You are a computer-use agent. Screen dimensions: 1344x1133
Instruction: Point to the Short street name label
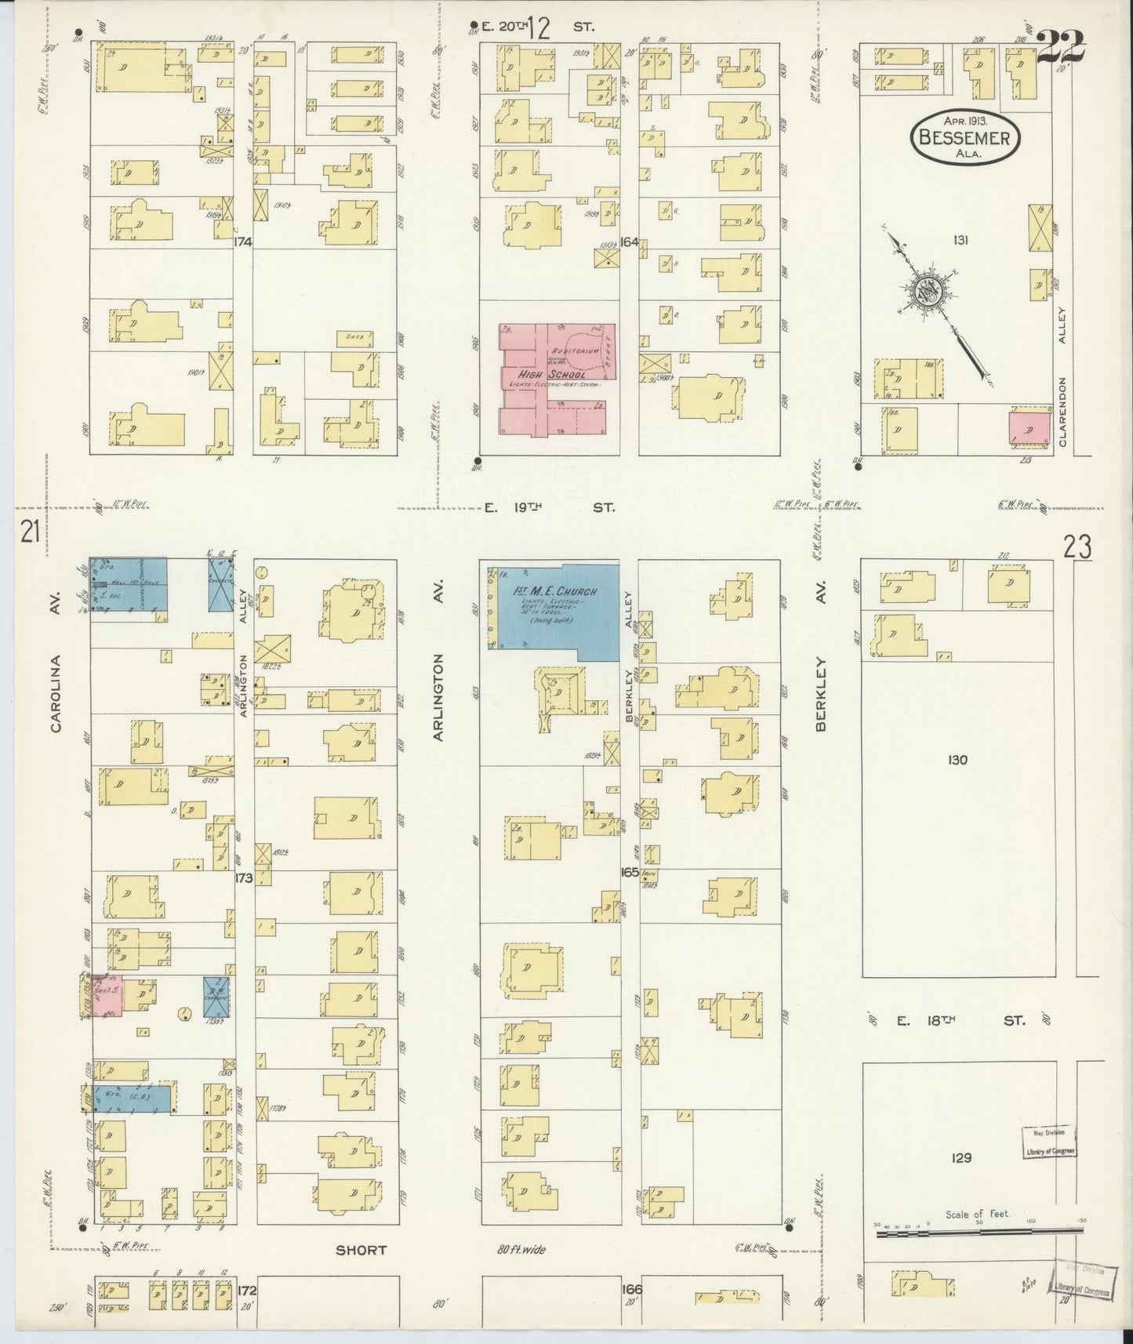(361, 1250)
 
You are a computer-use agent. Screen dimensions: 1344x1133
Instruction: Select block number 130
(957, 760)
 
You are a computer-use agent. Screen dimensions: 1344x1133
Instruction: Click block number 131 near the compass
(960, 240)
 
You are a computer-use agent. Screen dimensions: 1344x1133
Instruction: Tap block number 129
(960, 1157)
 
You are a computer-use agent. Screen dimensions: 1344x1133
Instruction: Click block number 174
(242, 242)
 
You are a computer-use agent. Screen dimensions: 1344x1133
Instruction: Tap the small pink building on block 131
(1030, 427)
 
